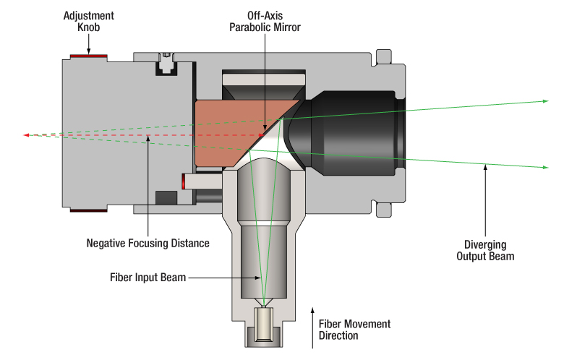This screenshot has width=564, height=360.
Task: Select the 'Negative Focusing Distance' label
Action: [148, 243]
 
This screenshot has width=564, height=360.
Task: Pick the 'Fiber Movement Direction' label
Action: [354, 330]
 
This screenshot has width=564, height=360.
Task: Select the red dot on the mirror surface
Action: [260, 134]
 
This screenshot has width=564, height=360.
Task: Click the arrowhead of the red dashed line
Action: [27, 134]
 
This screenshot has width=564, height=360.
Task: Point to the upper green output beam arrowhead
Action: [545, 101]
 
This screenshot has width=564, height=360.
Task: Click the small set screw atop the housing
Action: [167, 55]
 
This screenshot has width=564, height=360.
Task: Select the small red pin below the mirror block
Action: [187, 183]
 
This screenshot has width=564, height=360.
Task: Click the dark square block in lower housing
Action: [166, 197]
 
